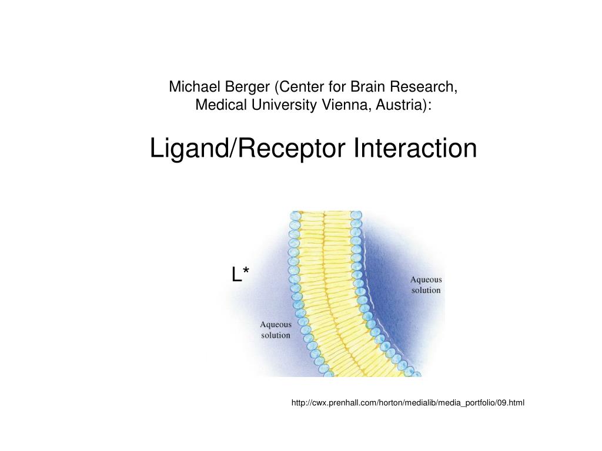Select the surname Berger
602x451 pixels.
[x=246, y=87]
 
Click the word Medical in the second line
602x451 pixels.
[x=218, y=106]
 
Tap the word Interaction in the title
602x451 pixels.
[x=415, y=148]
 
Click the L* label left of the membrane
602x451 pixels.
[x=240, y=274]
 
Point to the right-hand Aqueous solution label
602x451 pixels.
[x=426, y=285]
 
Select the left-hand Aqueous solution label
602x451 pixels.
[x=276, y=329]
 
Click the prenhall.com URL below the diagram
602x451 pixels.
[x=408, y=403]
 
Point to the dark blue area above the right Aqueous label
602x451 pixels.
[x=406, y=247]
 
